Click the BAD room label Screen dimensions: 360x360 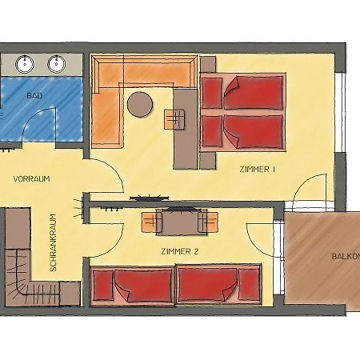pos(34,95)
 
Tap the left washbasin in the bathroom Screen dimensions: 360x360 pos(25,64)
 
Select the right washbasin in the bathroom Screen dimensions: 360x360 pos(57,64)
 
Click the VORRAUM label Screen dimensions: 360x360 pos(31,178)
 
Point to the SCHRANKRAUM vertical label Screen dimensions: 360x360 pos(54,242)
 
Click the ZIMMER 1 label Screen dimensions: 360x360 pos(258,170)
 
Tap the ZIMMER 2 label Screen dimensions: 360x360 pos(180,251)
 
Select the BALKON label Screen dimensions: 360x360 pos(346,257)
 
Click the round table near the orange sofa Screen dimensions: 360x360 pos(140,104)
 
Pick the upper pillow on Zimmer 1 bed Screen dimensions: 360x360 pos(212,93)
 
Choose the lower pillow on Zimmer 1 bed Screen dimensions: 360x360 pos(212,130)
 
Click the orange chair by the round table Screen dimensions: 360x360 pos(174,119)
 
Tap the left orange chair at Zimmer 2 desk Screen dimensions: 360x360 pos(151,222)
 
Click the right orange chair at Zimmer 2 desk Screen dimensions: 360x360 pos(208,222)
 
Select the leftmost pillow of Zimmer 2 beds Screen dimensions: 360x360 pos(103,286)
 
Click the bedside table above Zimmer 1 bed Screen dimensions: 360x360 pos(208,64)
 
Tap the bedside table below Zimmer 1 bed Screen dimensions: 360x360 pos(208,161)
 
